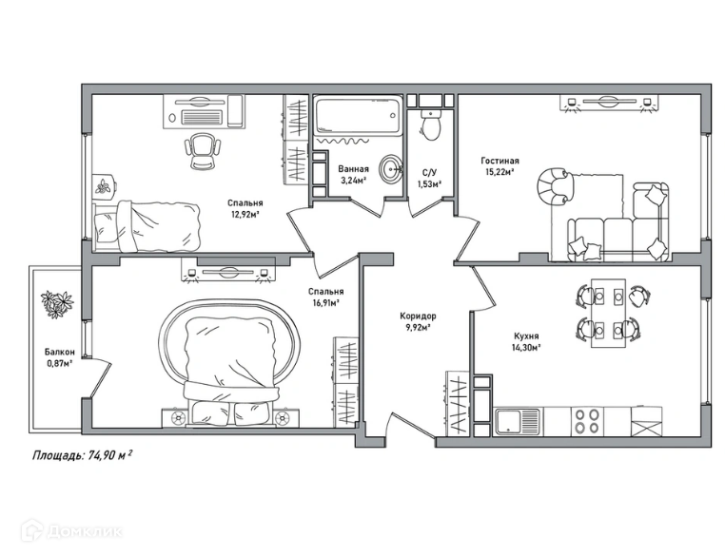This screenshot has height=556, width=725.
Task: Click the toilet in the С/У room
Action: pos(431,125)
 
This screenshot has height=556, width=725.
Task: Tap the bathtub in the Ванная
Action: pos(357,115)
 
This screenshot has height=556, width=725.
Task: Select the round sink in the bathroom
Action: pos(391,169)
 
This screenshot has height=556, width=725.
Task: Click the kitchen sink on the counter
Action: pos(518,422)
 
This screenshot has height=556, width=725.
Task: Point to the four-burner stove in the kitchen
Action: pos(587,422)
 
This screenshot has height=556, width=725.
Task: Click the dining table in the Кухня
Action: pos(609,313)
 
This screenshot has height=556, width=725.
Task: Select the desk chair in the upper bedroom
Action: pos(203,151)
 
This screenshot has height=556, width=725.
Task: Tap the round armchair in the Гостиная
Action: pos(555,186)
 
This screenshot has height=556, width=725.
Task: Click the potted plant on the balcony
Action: pos(57,304)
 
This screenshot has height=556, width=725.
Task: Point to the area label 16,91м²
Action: pos(326,303)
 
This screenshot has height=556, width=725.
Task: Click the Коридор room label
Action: pos(418,316)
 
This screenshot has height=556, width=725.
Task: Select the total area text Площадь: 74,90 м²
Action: pos(83,456)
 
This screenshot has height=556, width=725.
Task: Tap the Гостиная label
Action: pos(500,161)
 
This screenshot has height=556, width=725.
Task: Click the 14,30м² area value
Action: pos(526,348)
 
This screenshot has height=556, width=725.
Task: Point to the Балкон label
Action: pos(60,352)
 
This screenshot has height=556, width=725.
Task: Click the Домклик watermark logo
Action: pos(71,531)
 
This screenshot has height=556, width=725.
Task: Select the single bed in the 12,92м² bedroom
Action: pos(147,226)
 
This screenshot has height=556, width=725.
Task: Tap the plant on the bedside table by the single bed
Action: pos(103,185)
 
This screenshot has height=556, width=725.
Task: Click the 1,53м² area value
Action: pos(429,184)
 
